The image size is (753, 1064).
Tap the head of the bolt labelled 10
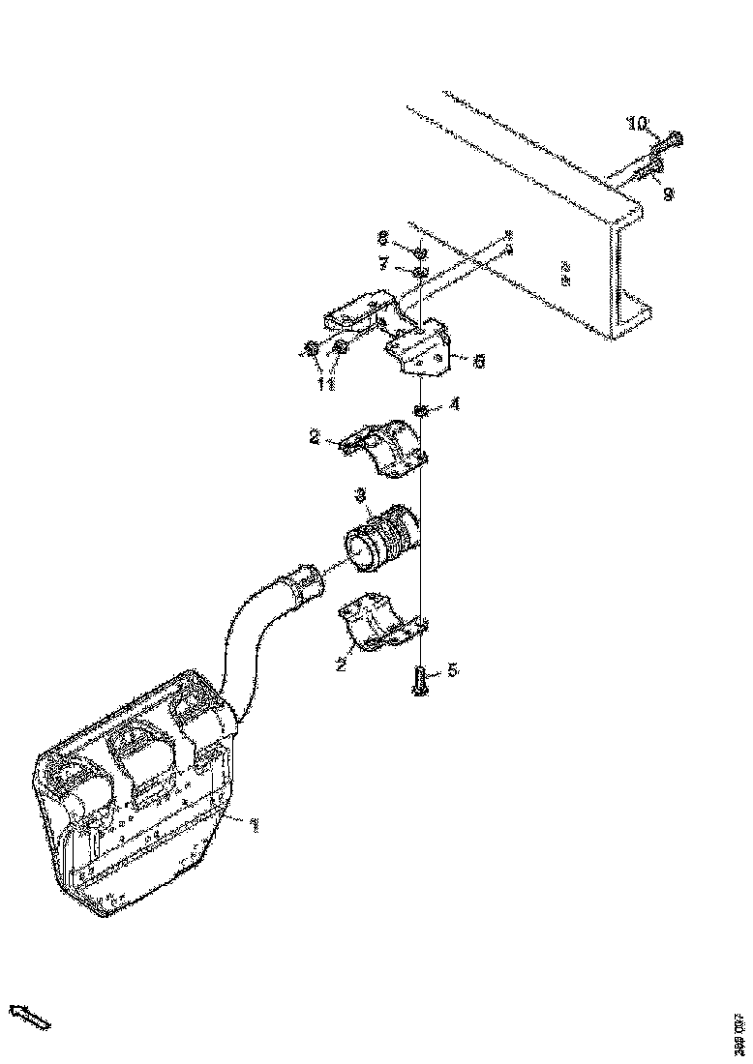click(674, 140)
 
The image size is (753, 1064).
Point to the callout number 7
click(382, 263)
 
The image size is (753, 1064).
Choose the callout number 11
click(326, 384)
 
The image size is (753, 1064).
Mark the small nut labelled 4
click(422, 413)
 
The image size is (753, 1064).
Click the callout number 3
click(359, 495)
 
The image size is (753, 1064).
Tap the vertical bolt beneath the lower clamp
click(421, 681)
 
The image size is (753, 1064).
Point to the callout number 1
click(254, 825)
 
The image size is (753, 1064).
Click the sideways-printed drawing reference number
click(738, 1034)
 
